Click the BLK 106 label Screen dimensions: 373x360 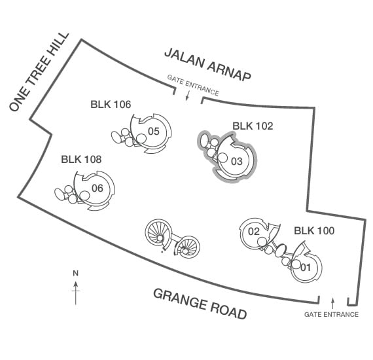tap(111, 104)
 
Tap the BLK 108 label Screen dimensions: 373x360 tap(81, 159)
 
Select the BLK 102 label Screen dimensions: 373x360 tap(253, 126)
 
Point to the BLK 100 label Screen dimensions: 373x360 tap(314, 230)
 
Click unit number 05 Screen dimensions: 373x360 tap(153, 131)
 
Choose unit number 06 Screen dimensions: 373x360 tap(98, 189)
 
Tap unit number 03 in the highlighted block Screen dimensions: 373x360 tap(237, 161)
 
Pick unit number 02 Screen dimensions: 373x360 tap(254, 231)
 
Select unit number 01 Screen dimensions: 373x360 tap(306, 268)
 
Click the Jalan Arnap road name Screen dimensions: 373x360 tap(207, 64)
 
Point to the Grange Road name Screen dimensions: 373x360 tap(200, 304)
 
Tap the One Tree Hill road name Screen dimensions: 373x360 tap(39, 71)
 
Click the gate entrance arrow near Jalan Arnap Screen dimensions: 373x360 tap(187, 95)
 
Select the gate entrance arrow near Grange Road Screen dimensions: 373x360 tap(333, 303)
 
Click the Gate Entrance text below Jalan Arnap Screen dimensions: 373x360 tap(193, 85)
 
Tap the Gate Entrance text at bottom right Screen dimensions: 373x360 tap(331, 314)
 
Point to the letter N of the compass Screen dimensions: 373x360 tap(76, 274)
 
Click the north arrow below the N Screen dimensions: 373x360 tap(76, 293)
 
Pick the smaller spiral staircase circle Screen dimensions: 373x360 tap(187, 247)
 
